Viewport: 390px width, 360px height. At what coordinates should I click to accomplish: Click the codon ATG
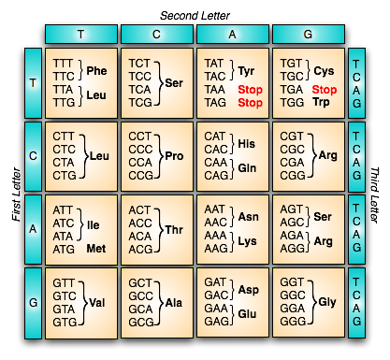coord(64,250)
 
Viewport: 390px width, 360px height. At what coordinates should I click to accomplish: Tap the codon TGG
coord(291,102)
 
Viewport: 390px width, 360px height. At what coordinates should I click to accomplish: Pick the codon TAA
coord(215,89)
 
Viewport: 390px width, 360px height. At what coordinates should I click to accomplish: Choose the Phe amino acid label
coord(98,69)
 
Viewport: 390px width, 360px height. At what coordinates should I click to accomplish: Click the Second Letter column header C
coord(157,34)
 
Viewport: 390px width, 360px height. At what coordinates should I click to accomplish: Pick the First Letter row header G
coord(34,303)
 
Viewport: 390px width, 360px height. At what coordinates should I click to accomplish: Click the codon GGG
coord(291,323)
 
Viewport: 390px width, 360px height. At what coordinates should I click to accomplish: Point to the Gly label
coord(327,303)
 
